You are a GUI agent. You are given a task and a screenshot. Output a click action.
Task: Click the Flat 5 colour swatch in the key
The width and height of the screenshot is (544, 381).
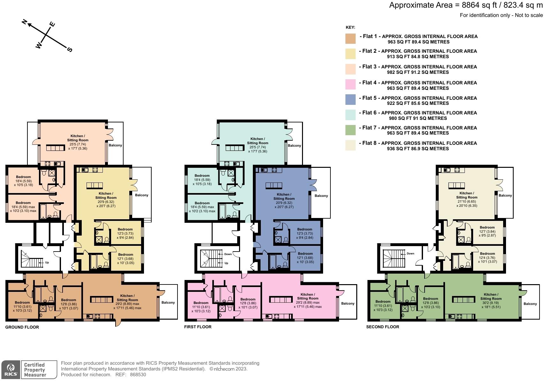coord(351,100)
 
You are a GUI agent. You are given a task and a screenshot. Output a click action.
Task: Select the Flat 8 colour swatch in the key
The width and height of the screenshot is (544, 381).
coord(351,145)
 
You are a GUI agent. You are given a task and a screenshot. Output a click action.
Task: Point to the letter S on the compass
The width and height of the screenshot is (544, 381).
coord(70,50)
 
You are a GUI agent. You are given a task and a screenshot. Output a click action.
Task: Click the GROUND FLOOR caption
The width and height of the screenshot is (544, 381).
coord(22,327)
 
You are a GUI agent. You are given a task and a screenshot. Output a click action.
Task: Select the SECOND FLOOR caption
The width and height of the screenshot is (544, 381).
coord(382,327)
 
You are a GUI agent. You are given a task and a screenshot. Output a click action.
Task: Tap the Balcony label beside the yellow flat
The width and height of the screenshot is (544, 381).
coord(141,195)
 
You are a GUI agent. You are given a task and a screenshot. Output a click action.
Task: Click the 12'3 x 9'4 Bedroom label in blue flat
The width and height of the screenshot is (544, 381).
coord(305,233)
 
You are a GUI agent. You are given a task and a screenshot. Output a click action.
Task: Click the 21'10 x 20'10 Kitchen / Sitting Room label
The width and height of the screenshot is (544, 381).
coord(466,199)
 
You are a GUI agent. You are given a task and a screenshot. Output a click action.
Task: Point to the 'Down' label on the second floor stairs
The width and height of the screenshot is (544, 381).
coord(410,253)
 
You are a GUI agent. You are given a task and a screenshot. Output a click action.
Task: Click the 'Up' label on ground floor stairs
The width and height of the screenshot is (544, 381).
coord(47,262)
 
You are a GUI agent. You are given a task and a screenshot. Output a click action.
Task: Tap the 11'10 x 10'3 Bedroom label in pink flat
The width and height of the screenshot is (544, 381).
coord(201,307)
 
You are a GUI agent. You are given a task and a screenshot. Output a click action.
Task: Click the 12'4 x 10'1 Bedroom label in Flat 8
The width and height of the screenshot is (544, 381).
coord(487,257)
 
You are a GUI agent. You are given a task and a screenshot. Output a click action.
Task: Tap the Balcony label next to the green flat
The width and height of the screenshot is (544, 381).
coord(530,304)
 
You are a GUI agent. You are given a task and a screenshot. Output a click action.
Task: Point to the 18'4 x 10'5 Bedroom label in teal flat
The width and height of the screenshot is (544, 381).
coord(202,180)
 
